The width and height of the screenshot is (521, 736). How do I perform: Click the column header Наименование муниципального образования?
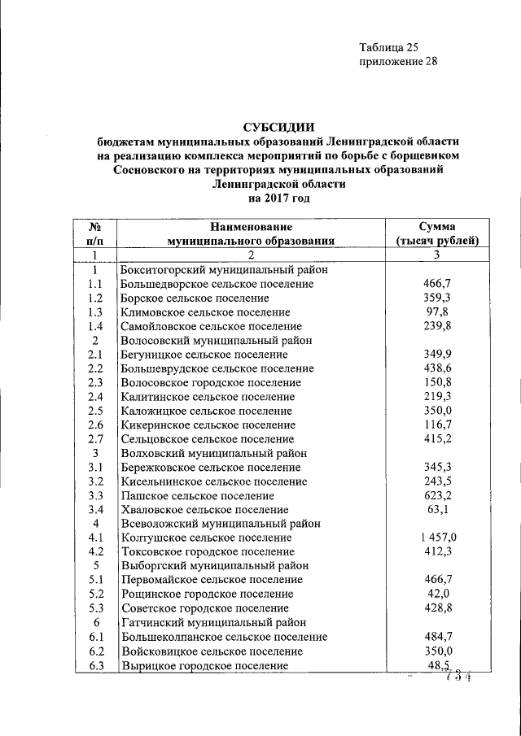251,233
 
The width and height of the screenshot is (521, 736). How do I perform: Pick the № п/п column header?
95,233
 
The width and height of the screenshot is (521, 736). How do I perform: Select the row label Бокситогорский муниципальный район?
224,269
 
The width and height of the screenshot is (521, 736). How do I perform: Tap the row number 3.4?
95,510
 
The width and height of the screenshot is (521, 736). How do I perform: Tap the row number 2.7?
95,438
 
